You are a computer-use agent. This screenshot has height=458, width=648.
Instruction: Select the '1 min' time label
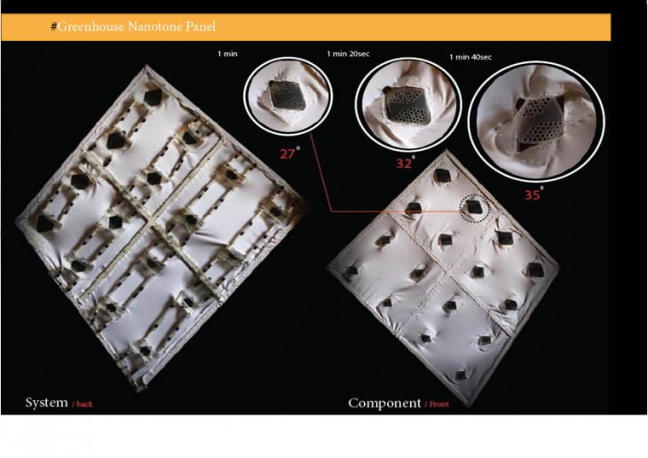point(228,54)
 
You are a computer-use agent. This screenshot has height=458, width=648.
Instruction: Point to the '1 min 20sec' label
point(348,54)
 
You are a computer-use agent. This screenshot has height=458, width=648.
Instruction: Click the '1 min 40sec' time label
point(470,57)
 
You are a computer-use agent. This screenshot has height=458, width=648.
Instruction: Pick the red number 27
point(288,154)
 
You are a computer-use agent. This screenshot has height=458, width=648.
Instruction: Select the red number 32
point(404,163)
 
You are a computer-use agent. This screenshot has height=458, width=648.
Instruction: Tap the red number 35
point(533,194)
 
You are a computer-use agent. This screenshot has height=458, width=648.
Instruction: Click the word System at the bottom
point(46,402)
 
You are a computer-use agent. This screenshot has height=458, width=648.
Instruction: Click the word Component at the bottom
point(384,403)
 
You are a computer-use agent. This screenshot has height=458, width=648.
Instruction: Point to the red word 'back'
point(84,404)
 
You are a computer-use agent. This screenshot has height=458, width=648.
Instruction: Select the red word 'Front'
point(439,404)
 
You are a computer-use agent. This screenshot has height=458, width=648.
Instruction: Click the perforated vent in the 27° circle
point(288,96)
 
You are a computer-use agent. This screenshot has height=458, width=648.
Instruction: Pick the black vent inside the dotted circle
point(472,207)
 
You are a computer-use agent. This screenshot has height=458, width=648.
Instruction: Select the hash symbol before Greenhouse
point(54,27)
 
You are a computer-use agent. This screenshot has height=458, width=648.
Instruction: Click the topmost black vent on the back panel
point(153,97)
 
